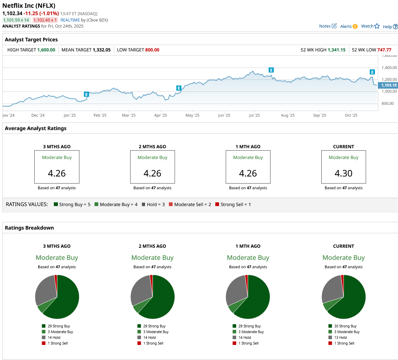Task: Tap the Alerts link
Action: coord(349,27)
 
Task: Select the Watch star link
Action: coord(370,26)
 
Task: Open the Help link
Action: coord(390,27)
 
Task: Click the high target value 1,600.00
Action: coord(46,50)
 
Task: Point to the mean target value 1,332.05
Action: coord(102,50)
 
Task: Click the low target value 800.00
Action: coord(152,50)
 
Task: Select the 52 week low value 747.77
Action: coord(384,50)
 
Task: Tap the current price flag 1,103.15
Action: coord(388,85)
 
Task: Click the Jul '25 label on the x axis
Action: coord(254,115)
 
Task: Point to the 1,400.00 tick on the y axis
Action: coord(389,68)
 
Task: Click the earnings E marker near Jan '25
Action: coord(86,94)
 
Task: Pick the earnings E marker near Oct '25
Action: coord(372,72)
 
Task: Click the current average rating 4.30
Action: coord(343,173)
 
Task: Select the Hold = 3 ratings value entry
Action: coord(153,204)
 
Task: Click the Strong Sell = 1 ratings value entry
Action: coord(233,204)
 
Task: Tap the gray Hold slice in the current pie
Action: coord(332,289)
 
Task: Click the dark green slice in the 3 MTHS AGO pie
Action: coord(67,299)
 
